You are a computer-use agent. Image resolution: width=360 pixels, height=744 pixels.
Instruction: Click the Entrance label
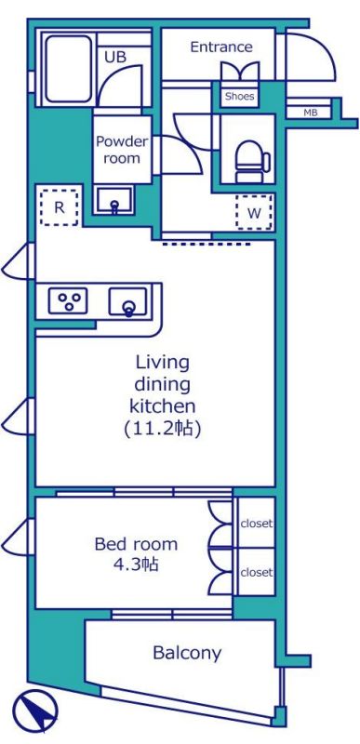(x=221, y=47)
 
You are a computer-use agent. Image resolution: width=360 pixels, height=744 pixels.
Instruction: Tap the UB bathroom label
(x=115, y=57)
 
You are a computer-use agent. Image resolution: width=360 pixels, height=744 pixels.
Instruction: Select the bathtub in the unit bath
(x=69, y=69)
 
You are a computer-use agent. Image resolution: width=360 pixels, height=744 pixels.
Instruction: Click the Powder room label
(x=122, y=150)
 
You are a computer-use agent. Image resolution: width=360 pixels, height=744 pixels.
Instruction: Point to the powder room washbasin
(x=113, y=200)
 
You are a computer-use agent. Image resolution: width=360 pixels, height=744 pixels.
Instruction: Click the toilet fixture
(x=253, y=161)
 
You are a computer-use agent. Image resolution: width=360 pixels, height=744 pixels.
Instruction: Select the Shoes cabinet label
(x=239, y=97)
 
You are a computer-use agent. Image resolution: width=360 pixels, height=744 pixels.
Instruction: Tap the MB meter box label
(x=310, y=113)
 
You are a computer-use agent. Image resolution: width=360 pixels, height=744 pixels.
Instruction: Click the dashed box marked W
(x=254, y=212)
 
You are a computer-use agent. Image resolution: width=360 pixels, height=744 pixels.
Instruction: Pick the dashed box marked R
(x=59, y=207)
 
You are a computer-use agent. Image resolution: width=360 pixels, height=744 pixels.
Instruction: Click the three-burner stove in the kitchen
(x=68, y=300)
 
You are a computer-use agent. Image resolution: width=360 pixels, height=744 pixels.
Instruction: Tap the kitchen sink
(x=128, y=302)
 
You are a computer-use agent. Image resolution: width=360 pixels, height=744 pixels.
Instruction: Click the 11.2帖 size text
(x=163, y=429)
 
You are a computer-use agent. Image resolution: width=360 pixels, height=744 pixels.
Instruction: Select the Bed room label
(x=136, y=544)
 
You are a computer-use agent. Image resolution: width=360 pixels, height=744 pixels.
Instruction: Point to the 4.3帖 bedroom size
(x=136, y=565)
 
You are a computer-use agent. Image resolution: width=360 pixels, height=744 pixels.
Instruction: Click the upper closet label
(x=257, y=524)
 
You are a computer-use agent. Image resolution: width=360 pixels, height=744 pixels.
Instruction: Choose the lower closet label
(x=257, y=572)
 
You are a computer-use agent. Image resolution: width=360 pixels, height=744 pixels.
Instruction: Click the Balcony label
(x=187, y=654)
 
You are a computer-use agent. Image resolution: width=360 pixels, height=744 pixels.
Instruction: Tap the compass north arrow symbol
(x=35, y=711)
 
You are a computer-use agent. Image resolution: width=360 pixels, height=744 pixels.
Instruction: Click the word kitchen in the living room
(x=163, y=406)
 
